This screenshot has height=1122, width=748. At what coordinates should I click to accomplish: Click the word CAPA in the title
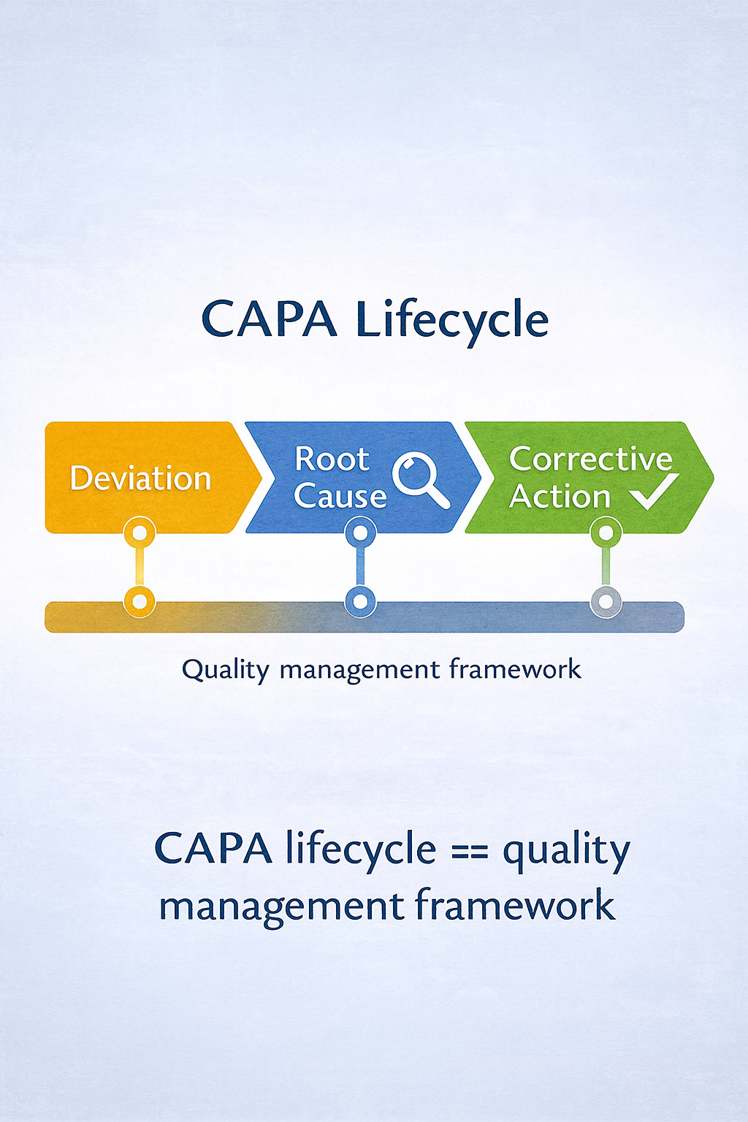click(269, 320)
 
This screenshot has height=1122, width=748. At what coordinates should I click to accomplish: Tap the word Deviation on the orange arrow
click(140, 478)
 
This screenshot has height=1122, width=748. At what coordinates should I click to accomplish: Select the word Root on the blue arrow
click(332, 459)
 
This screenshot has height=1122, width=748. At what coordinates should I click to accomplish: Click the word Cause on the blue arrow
click(340, 496)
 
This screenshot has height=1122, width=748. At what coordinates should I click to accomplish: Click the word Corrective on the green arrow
click(590, 459)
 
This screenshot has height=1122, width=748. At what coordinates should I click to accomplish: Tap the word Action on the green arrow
click(560, 497)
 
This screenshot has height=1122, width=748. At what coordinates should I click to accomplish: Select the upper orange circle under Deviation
click(140, 533)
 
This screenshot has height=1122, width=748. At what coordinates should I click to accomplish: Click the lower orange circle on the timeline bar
click(140, 602)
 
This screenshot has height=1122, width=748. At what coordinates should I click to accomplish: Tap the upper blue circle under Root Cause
click(360, 533)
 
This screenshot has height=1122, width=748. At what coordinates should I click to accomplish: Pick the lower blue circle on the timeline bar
click(360, 602)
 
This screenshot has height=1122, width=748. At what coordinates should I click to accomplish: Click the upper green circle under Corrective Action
click(606, 533)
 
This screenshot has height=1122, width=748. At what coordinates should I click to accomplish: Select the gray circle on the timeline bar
click(606, 602)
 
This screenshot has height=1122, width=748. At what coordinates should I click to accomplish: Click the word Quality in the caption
click(226, 670)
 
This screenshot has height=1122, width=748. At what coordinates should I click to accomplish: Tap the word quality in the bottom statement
click(566, 851)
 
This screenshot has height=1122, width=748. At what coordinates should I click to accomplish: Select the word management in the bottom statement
click(282, 907)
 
